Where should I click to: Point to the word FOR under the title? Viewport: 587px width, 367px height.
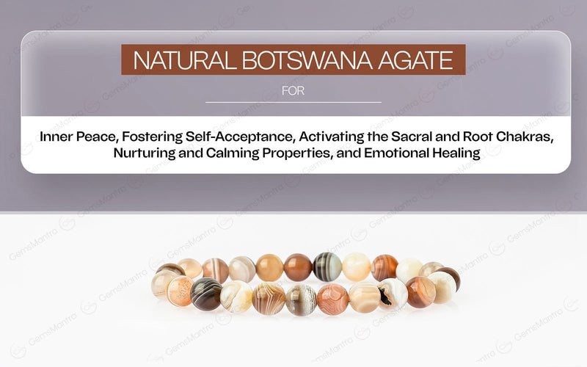(x=293, y=92)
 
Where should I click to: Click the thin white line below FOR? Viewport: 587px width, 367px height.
(x=293, y=102)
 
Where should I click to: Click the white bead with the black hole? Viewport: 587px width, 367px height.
(x=393, y=294)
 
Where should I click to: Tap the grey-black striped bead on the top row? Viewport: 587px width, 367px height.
(x=327, y=266)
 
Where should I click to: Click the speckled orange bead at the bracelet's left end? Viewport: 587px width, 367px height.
(x=179, y=291)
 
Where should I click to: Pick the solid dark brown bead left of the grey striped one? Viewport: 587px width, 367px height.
(x=298, y=267)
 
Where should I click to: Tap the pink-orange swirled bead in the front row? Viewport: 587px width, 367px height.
(x=332, y=299)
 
